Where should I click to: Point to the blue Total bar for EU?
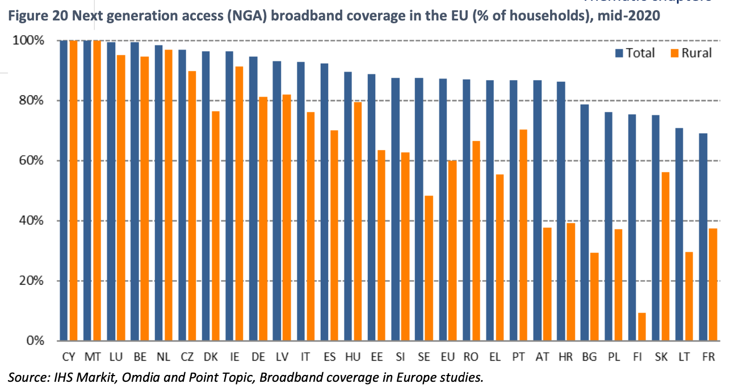pos(443,210)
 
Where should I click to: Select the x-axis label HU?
pos(352,357)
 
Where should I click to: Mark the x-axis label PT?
pos(518,357)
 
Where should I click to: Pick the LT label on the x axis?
pos(683,357)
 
